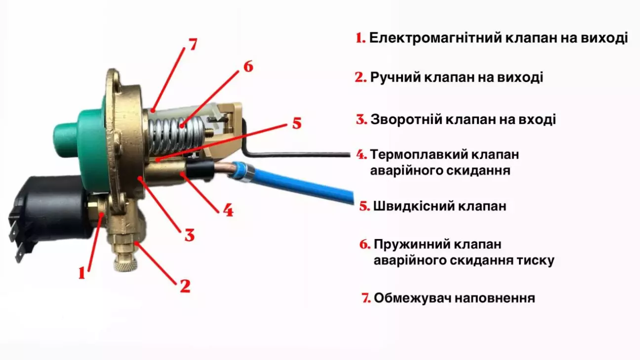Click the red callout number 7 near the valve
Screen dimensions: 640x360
coord(193,44)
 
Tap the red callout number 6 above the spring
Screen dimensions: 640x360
coord(248,66)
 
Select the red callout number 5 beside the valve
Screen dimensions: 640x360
coord(297,123)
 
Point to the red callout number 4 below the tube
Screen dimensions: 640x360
coord(228,210)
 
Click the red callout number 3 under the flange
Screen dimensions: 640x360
coord(190,235)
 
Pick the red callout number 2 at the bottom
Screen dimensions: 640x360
coord(185,286)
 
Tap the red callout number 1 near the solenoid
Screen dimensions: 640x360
coord(82,273)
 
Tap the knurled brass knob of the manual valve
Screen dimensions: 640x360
coord(125,263)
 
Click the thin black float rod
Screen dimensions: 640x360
coord(297,155)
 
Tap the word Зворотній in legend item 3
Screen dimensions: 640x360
coord(408,120)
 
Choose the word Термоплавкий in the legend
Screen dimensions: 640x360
coord(419,155)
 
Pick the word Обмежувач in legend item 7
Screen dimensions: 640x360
coord(412,298)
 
